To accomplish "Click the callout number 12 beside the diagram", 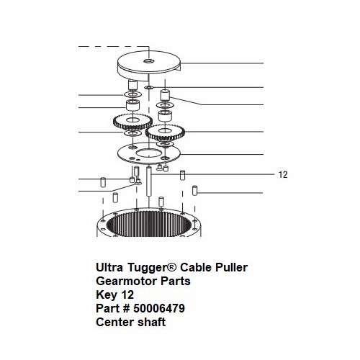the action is click(x=283, y=174).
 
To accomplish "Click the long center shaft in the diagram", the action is click(x=149, y=181).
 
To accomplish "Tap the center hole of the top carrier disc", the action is click(x=149, y=61).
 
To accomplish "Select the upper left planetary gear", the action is click(x=132, y=122).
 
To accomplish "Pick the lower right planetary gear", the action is click(x=166, y=132).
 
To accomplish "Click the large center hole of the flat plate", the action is click(x=149, y=153).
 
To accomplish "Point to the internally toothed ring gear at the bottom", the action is click(x=149, y=222).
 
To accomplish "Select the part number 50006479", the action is click(x=159, y=308).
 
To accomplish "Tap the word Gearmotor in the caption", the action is click(x=127, y=281).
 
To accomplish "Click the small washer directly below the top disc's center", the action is click(x=149, y=87).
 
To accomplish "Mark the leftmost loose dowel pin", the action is click(x=103, y=182).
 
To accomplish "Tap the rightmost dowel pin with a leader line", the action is click(x=194, y=190).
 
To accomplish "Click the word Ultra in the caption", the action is click(x=109, y=267).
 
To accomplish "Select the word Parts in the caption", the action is click(x=176, y=281).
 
